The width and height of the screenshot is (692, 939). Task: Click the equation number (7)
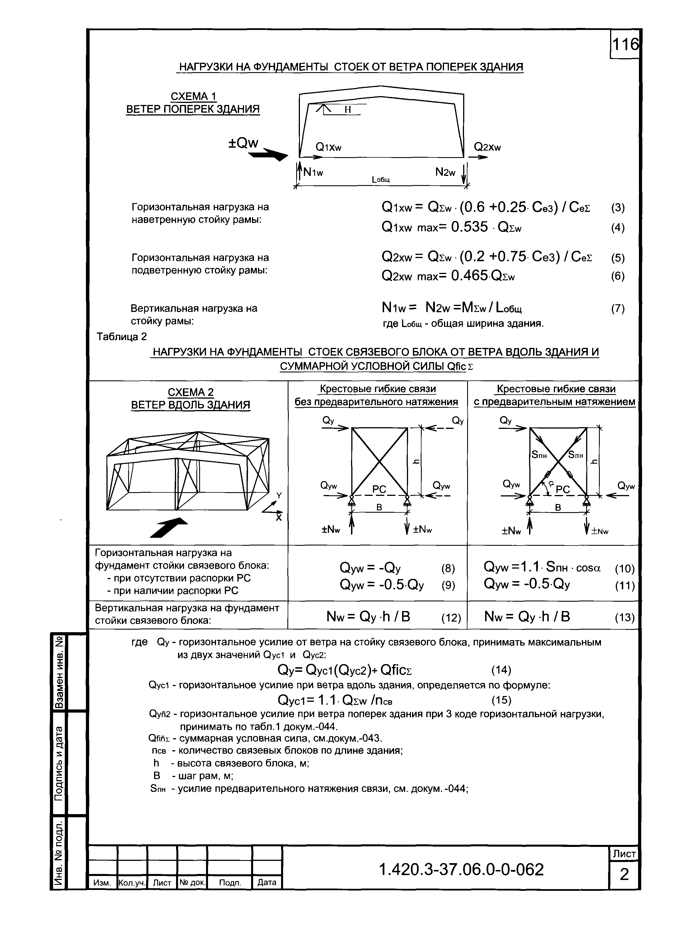618,309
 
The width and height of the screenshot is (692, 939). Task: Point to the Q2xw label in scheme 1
487,147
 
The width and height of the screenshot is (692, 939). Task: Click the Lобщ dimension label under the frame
381,180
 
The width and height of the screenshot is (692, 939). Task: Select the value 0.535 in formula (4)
469,227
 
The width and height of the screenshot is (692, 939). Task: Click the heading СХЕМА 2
191,392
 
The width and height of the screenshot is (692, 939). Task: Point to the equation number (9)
448,585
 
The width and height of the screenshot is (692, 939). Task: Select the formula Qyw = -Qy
370,568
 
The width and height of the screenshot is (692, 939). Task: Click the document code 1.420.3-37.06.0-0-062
461,870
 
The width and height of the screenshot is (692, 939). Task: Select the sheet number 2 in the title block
624,875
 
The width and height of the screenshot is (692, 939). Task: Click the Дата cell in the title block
267,883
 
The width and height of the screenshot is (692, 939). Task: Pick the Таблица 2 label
122,336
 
